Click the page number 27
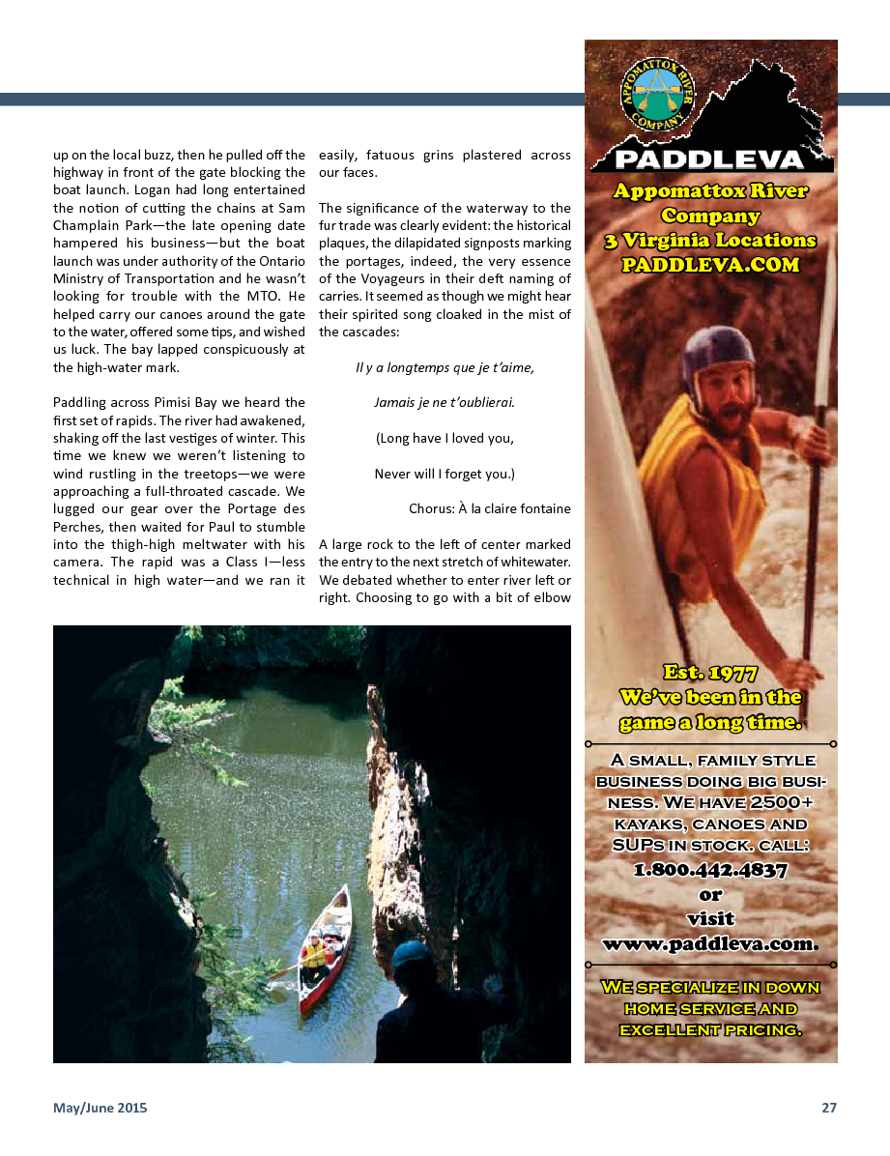(829, 1109)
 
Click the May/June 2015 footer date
(100, 1109)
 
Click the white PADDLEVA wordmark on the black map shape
(709, 159)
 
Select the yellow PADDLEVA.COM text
(710, 265)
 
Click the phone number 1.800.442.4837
(710, 870)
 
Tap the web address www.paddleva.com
(710, 943)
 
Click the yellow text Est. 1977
(710, 673)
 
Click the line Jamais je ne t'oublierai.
(445, 402)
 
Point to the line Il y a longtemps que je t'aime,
(445, 367)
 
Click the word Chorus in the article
(432, 508)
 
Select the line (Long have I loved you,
(445, 438)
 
